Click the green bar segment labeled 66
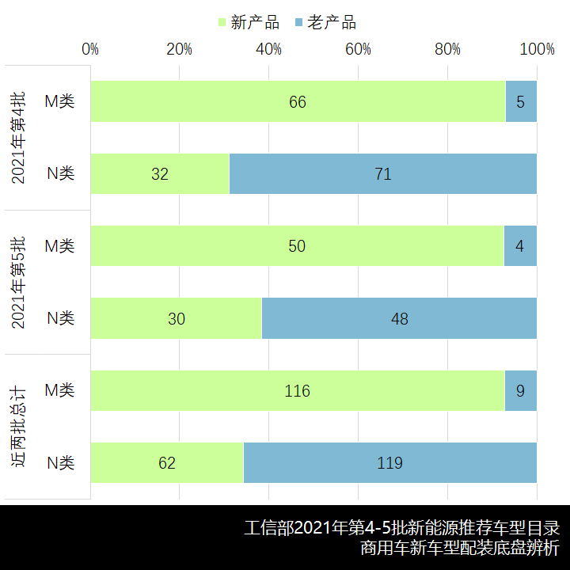pyautogui.click(x=298, y=101)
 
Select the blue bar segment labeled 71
pyautogui.click(x=383, y=173)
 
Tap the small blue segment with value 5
pyautogui.click(x=521, y=101)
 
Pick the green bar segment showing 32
pyautogui.click(x=160, y=173)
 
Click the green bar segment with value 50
pyautogui.click(x=297, y=246)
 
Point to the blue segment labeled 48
pyautogui.click(x=399, y=318)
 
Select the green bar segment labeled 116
pyautogui.click(x=298, y=391)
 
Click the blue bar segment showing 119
pyautogui.click(x=389, y=463)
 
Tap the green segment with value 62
pyautogui.click(x=167, y=463)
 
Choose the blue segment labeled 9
pyautogui.click(x=520, y=391)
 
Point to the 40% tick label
pyautogui.click(x=269, y=49)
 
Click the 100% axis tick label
pyautogui.click(x=538, y=49)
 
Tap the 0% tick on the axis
pyautogui.click(x=91, y=49)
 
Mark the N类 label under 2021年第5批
pyautogui.click(x=60, y=318)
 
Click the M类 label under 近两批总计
pyautogui.click(x=59, y=391)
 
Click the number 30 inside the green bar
pyautogui.click(x=176, y=318)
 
